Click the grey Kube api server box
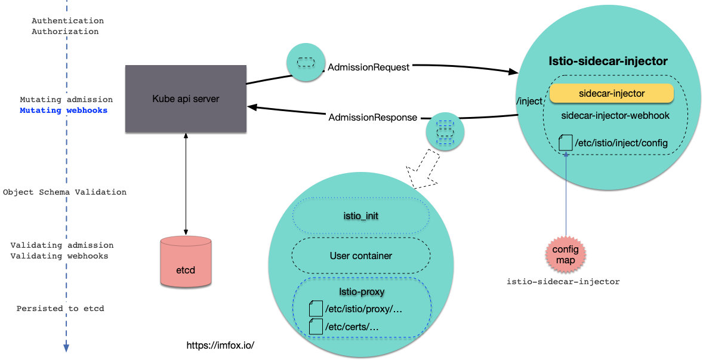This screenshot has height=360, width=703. pyautogui.click(x=186, y=99)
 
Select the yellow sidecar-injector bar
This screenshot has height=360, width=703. pyautogui.click(x=611, y=94)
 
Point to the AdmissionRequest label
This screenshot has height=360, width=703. pyautogui.click(x=368, y=67)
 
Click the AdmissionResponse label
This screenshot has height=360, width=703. pyautogui.click(x=372, y=118)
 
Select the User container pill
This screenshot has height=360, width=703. pyautogui.click(x=360, y=256)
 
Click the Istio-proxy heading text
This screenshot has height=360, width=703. pyautogui.click(x=360, y=292)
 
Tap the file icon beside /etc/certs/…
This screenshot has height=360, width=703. pyautogui.click(x=315, y=327)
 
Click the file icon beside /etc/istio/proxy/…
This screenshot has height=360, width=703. pyautogui.click(x=315, y=309)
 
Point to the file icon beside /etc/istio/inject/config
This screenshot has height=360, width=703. pyautogui.click(x=565, y=143)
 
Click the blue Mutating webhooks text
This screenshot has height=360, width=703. pyautogui.click(x=63, y=110)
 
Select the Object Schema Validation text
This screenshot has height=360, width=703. pyautogui.click(x=64, y=192)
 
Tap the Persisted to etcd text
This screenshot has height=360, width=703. pyautogui.click(x=60, y=309)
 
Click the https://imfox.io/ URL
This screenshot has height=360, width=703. pyautogui.click(x=221, y=346)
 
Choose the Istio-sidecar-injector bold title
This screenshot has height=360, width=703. pyautogui.click(x=608, y=61)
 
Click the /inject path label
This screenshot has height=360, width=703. pyautogui.click(x=529, y=101)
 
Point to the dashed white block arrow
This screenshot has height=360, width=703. pyautogui.click(x=423, y=170)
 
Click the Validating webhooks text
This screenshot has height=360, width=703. pyautogui.click(x=60, y=256)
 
